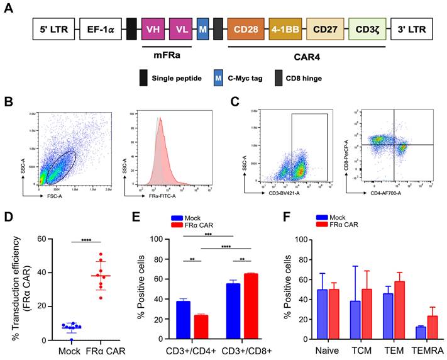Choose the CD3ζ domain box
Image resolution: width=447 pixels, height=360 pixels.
[367, 29]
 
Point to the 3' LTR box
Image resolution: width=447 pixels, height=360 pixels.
[412, 29]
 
